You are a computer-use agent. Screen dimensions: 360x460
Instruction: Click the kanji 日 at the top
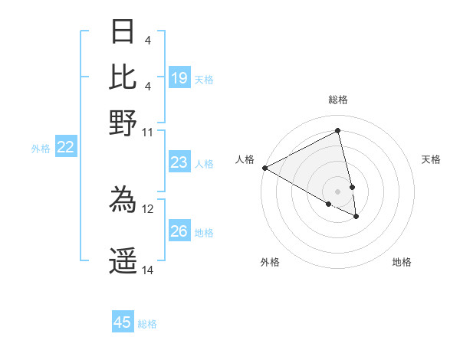123,32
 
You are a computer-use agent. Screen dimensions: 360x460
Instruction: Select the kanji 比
123,77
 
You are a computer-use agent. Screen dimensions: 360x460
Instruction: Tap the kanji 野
123,123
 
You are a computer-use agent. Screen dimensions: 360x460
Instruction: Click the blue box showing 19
179,77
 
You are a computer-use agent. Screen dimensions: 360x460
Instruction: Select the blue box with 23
179,162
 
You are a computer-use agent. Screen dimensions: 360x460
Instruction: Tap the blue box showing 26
179,231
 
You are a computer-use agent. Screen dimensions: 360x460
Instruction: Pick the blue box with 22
65,148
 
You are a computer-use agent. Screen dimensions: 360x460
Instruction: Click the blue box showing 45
123,322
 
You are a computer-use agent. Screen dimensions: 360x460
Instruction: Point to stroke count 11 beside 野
147,132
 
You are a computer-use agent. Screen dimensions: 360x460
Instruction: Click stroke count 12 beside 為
148,208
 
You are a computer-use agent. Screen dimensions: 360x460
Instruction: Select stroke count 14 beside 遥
148,270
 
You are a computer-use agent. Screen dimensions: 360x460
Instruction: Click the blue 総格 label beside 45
147,324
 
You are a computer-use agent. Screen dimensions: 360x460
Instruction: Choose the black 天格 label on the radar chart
432,159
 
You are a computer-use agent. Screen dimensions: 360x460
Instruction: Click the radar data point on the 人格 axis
264,168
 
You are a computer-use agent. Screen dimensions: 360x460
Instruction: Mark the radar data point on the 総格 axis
337,131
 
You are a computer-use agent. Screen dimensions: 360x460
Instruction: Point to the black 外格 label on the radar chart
270,262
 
